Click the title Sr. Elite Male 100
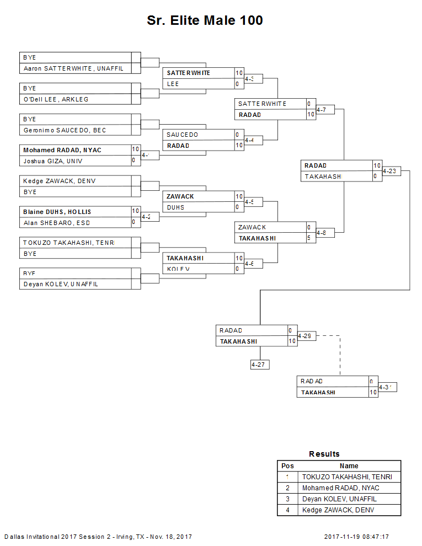[205, 21]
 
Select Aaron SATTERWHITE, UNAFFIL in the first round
[73, 68]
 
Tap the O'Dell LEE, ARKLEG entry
[56, 99]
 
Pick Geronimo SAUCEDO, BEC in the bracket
[65, 130]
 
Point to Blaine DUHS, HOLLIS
[57, 212]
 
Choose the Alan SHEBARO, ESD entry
[56, 223]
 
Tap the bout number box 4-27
[259, 365]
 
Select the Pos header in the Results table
[287, 466]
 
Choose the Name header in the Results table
[349, 466]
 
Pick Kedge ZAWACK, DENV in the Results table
[338, 510]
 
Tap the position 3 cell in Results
[287, 499]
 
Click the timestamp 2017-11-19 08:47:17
[356, 537]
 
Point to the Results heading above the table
[324, 454]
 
